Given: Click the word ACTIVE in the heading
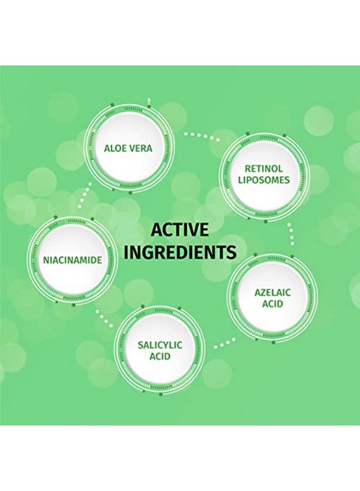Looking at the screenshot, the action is point(179,230).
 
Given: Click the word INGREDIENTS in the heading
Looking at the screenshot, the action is point(180,252).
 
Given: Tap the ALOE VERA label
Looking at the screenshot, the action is point(128,148).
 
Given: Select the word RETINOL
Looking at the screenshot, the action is point(263,169).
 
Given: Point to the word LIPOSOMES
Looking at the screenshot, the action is point(263,179).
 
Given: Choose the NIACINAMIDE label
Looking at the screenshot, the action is point(73,260).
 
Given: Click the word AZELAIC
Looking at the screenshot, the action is point(272,293).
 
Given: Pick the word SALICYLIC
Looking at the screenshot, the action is point(160,345).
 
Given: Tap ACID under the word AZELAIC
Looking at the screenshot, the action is point(272,304).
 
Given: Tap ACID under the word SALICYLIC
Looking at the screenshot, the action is point(160,356).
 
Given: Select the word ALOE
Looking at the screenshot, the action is point(114,148).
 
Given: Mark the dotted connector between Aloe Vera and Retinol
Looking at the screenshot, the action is point(202,136).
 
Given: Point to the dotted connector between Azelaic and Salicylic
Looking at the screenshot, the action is point(224,343).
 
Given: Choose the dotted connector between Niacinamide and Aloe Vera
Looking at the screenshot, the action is point(85,195).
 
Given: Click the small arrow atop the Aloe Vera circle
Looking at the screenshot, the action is point(149,100).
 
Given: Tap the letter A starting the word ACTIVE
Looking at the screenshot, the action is point(157,230).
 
